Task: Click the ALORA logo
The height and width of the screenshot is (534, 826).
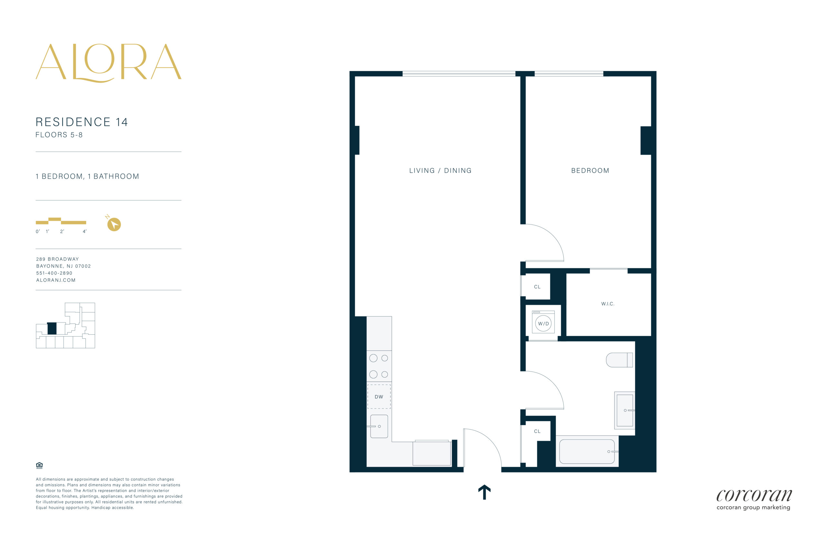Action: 108,63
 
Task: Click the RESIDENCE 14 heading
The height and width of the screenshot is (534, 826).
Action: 82,122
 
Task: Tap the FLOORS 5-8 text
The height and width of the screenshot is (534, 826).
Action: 59,135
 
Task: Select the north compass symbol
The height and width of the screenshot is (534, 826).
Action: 114,223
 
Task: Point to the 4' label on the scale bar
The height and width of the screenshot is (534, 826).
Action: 84,231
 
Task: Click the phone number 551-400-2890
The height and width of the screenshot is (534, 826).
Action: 54,273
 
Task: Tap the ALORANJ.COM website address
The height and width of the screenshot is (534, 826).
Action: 56,280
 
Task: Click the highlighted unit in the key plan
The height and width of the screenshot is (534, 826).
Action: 52,328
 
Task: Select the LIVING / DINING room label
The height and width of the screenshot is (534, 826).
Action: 440,171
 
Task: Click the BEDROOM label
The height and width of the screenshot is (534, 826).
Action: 590,171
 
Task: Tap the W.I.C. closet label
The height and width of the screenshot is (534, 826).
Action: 608,304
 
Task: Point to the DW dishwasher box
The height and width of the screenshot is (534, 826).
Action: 379,397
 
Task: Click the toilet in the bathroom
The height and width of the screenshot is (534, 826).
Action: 619,360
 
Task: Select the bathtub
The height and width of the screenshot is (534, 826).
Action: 587,451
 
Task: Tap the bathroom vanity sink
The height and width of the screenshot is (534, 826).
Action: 624,410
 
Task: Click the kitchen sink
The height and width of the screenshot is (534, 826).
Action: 379,426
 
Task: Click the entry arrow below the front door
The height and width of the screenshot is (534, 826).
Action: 484,492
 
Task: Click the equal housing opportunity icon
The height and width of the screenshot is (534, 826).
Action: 39,465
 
